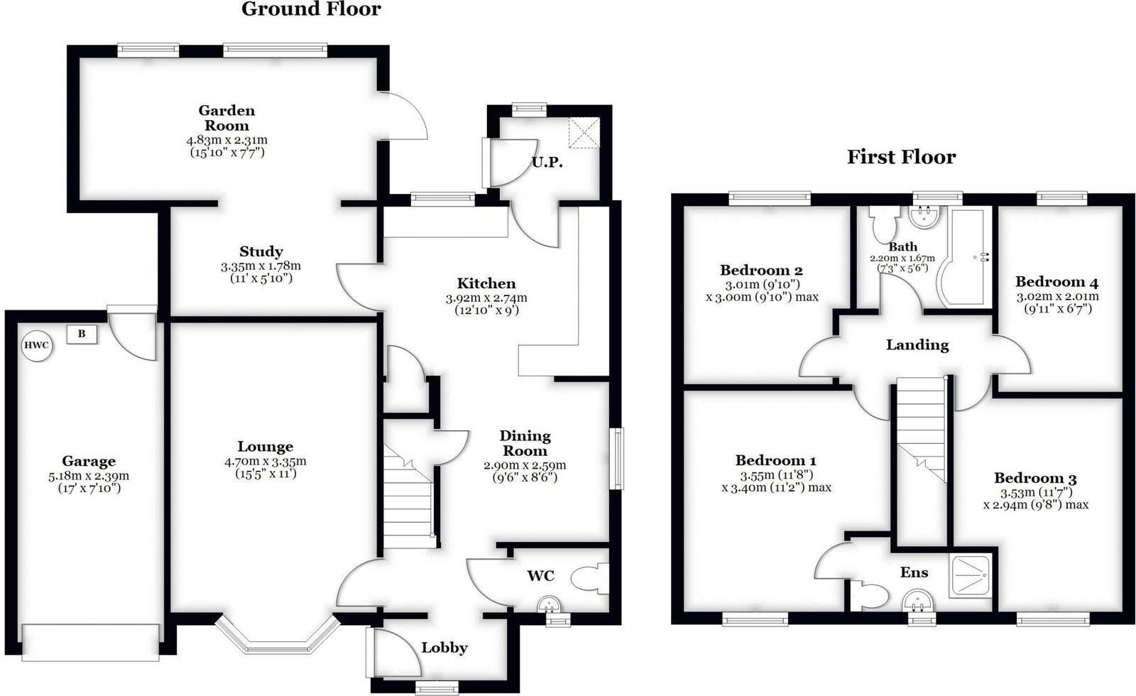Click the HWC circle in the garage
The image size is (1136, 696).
pyautogui.click(x=37, y=346)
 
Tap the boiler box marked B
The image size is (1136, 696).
pyautogui.click(x=81, y=335)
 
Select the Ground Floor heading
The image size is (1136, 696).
pyautogui.click(x=311, y=9)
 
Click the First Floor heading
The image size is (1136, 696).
pyautogui.click(x=901, y=157)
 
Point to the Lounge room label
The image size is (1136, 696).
pyautogui.click(x=266, y=447)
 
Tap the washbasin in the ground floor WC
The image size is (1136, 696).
pyautogui.click(x=550, y=604)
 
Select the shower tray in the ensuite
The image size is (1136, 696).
pyautogui.click(x=970, y=575)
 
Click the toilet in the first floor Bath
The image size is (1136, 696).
pyautogui.click(x=884, y=223)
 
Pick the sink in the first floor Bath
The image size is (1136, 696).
pyautogui.click(x=924, y=217)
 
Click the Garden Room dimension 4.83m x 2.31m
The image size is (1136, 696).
pyautogui.click(x=226, y=139)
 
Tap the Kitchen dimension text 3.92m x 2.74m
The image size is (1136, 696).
pyautogui.click(x=486, y=298)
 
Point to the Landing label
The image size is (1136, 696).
pyautogui.click(x=917, y=345)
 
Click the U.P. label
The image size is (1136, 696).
pyautogui.click(x=547, y=163)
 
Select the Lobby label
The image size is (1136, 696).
pyautogui.click(x=444, y=648)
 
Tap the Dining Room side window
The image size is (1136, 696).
pyautogui.click(x=617, y=459)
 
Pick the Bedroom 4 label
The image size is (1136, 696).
pyautogui.click(x=1057, y=281)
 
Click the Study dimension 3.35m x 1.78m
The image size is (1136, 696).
pyautogui.click(x=261, y=266)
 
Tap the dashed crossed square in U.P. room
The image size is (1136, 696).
pyautogui.click(x=584, y=133)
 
